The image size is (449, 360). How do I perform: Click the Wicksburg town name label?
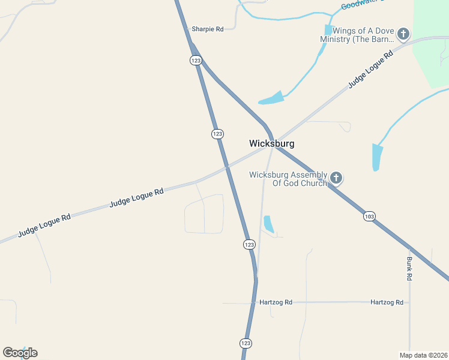tap(271, 144)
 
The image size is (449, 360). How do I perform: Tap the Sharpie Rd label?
tap(207, 29)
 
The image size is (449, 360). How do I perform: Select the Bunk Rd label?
tap(409, 269)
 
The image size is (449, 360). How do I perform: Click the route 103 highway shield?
tap(369, 216)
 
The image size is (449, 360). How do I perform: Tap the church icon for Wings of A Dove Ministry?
tap(403, 34)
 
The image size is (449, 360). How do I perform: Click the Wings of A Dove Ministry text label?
tap(357, 35)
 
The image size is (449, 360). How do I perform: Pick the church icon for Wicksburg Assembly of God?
tap(336, 178)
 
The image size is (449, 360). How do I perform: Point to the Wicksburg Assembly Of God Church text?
tap(288, 179)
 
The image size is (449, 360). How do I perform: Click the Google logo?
tap(20, 353)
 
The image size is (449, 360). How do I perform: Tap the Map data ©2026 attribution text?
tap(423, 355)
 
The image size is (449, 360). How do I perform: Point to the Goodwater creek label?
tap(361, 5)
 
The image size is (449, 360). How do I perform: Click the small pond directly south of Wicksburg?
tap(268, 224)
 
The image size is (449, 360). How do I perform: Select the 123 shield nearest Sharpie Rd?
tap(196, 60)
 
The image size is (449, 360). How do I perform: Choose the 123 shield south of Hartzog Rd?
tap(246, 343)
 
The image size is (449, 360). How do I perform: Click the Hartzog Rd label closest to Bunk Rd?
tap(387, 302)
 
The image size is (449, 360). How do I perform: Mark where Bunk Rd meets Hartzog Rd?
tap(409, 302)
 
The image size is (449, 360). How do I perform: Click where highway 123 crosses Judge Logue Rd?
tap(226, 165)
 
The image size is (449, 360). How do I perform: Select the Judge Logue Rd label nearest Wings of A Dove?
tap(370, 70)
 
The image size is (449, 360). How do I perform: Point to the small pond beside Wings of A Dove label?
tap(328, 30)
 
